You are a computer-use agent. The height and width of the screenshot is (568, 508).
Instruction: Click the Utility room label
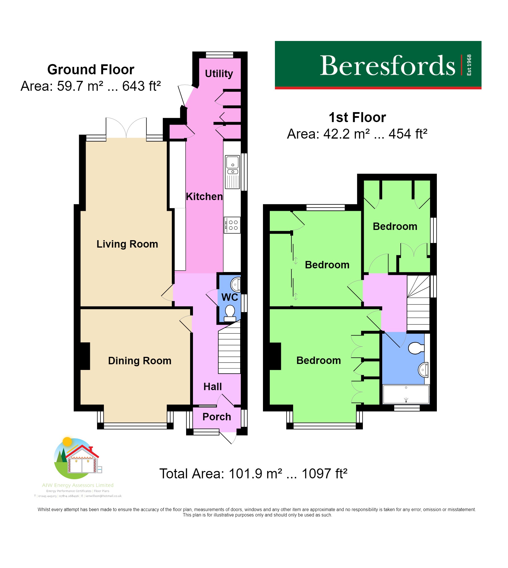[x=219, y=74]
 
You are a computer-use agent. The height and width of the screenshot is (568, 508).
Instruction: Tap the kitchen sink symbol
[x=233, y=172]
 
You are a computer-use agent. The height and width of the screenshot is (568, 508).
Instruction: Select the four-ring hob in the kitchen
[x=232, y=225]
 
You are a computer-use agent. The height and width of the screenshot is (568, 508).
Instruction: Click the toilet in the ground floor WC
[x=230, y=313]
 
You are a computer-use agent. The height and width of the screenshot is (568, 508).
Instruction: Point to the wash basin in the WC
[x=235, y=284]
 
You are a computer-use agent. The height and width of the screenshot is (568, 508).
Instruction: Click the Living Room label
[x=127, y=244]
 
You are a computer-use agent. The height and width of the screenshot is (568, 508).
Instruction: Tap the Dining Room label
[x=139, y=361]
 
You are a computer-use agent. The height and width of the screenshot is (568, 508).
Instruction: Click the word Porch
[x=217, y=417]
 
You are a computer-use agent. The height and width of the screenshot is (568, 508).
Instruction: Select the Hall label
[x=212, y=386]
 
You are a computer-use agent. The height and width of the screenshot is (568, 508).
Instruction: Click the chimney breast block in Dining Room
[x=85, y=356]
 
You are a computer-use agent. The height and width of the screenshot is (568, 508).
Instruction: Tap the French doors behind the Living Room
[x=126, y=128]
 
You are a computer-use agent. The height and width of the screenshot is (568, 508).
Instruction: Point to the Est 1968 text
[x=469, y=65]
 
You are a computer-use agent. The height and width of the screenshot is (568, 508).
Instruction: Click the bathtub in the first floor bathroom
[x=406, y=394]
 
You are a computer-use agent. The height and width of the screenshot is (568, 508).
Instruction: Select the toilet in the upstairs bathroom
[x=416, y=348]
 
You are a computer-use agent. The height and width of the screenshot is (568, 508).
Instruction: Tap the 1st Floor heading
[x=357, y=117]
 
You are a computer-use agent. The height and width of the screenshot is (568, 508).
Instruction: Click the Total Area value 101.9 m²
[x=255, y=474]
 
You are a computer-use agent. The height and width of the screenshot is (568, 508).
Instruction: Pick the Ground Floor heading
[x=91, y=70]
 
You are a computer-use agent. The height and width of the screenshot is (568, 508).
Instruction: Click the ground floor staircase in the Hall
[x=229, y=350]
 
